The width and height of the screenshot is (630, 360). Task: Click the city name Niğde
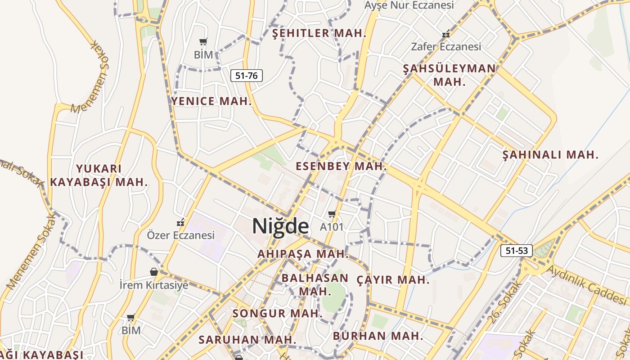[x=280, y=226]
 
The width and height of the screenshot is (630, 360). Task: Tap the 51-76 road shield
[x=247, y=76]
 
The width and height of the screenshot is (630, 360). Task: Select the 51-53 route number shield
[x=516, y=251]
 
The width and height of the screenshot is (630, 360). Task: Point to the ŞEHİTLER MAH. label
[x=319, y=33]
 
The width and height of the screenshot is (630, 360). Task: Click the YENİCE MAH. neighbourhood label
[x=211, y=101]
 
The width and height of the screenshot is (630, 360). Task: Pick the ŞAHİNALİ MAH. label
[x=550, y=155]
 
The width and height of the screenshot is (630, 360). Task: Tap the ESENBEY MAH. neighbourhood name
[x=341, y=166]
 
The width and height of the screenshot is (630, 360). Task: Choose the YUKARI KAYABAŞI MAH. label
[x=99, y=175]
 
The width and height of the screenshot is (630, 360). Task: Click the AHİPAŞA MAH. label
[x=303, y=254]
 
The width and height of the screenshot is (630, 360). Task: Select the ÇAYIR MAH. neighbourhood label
[x=393, y=280]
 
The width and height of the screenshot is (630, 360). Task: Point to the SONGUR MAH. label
[x=277, y=313]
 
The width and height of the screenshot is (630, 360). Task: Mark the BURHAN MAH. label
[x=378, y=336]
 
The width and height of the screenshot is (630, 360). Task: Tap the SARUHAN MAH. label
[x=247, y=339]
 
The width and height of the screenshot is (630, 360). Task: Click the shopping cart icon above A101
[x=332, y=214]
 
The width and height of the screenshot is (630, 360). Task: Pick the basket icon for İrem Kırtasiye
[x=154, y=272]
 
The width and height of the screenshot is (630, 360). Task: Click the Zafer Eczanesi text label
[x=446, y=46]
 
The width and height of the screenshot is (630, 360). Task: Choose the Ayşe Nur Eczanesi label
[x=409, y=5]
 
